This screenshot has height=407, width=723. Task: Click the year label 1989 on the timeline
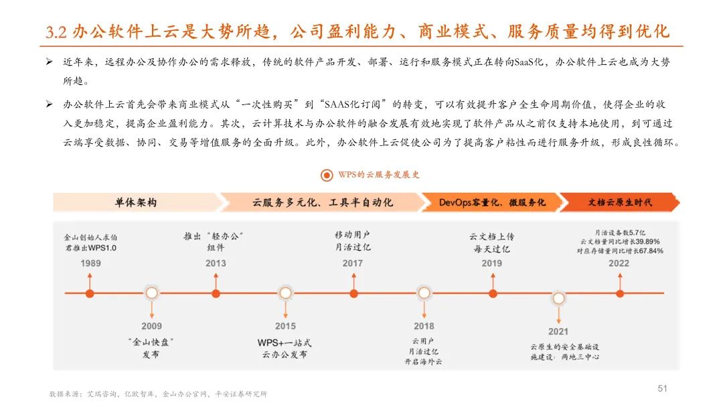90,263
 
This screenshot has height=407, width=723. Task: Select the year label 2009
151,326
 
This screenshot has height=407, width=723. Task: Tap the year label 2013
216,263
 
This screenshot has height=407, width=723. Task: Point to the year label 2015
285,326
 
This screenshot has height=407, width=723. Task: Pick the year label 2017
353,263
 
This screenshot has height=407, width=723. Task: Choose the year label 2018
424,326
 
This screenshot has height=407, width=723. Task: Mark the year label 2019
492,263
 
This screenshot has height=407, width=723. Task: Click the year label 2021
558,331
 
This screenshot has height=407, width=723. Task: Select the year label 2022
619,263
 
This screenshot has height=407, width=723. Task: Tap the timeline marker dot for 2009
152,293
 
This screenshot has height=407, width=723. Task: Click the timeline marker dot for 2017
353,293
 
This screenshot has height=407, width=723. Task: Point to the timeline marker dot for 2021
558,297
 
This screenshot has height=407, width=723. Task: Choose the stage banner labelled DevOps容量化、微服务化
492,202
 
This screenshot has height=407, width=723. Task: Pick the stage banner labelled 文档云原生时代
619,202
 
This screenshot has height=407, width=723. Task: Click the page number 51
663,388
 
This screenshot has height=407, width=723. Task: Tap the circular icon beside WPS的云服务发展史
327,175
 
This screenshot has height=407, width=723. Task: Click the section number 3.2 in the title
56,32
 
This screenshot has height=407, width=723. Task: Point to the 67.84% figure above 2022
647,251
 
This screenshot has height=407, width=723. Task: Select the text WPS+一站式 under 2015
285,343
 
